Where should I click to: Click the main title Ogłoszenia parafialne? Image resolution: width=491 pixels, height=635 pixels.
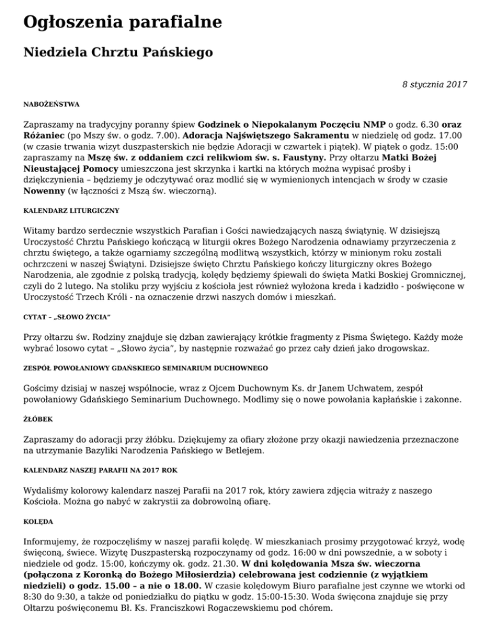point(122,23)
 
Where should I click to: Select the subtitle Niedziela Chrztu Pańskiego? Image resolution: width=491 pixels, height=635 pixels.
point(118,52)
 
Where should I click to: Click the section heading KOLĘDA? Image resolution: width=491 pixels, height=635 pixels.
point(38,521)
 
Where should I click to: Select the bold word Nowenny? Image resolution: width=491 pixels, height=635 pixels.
point(45,190)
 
